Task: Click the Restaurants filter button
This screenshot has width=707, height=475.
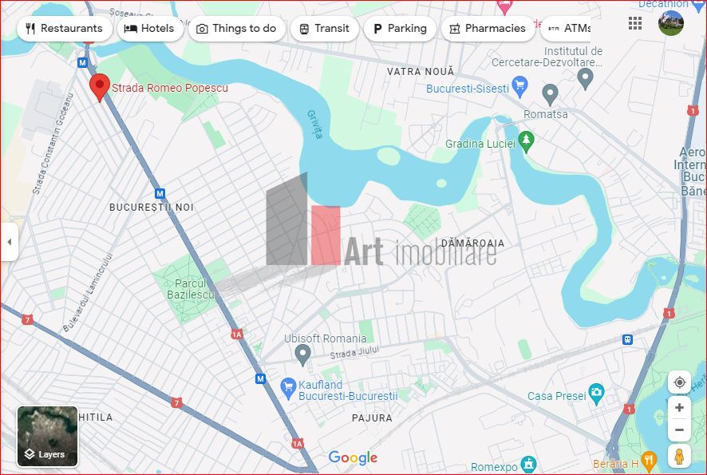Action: click(64, 29)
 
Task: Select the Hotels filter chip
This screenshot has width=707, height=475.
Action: click(150, 29)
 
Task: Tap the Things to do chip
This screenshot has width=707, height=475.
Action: click(236, 29)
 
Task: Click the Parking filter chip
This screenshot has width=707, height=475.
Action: click(399, 29)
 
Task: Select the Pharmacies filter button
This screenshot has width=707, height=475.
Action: click(487, 29)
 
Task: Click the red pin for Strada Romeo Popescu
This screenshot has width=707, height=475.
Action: click(100, 87)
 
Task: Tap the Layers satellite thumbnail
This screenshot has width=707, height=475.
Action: click(48, 436)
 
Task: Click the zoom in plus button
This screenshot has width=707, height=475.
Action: click(679, 408)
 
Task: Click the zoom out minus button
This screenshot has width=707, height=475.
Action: click(679, 431)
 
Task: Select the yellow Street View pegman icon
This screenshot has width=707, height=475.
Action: click(679, 457)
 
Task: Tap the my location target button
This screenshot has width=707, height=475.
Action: click(679, 382)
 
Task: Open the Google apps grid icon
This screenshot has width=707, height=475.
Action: click(635, 23)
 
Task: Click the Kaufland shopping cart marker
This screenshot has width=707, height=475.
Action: click(289, 389)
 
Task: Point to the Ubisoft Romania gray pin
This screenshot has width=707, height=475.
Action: click(302, 354)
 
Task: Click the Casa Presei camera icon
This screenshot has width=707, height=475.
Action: click(596, 392)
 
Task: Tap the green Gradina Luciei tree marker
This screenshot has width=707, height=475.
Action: click(525, 141)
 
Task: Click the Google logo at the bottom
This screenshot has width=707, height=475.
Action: click(353, 457)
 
